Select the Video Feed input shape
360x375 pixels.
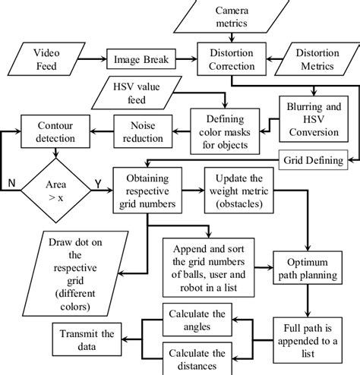[43, 58]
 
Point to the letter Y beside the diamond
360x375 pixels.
[96, 184]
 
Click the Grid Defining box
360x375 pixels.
[312, 161]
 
